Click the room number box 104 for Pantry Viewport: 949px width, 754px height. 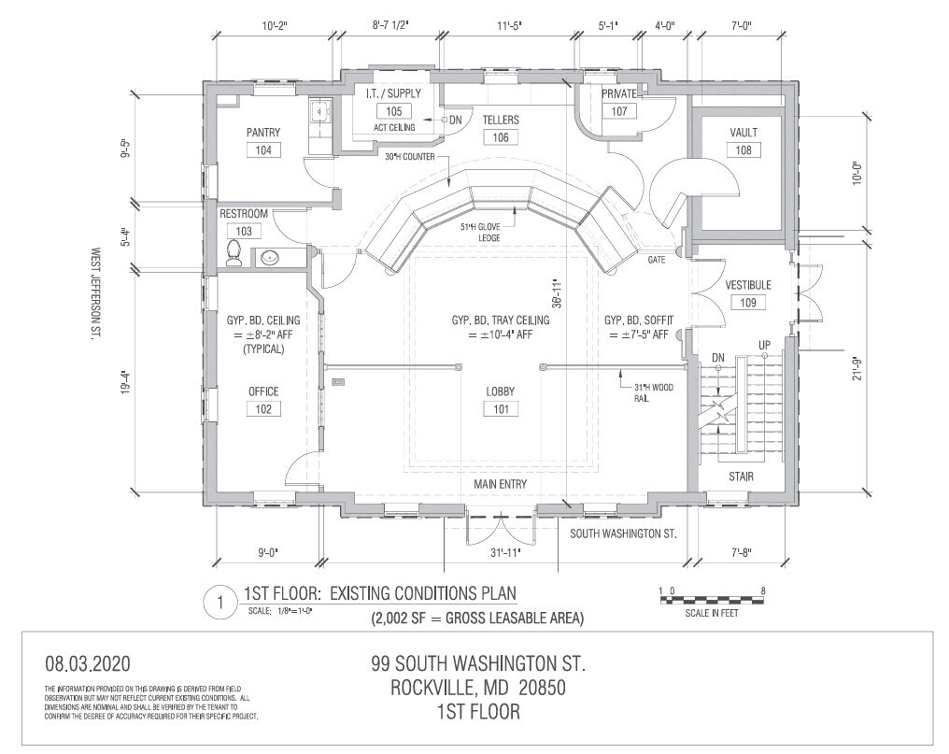pyautogui.click(x=263, y=150)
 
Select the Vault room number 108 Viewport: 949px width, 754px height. pyautogui.click(x=744, y=149)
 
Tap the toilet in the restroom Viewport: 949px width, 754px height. pyautogui.click(x=234, y=253)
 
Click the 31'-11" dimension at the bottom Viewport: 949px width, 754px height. pyautogui.click(x=504, y=553)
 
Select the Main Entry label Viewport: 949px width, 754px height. pyautogui.click(x=500, y=484)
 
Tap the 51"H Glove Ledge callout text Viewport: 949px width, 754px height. pyautogui.click(x=481, y=232)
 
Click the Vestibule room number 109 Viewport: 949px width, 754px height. pyautogui.click(x=748, y=302)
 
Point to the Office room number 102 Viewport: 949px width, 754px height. pyautogui.click(x=263, y=408)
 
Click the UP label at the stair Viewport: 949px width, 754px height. pyautogui.click(x=764, y=346)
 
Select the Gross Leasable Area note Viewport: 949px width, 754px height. pyautogui.click(x=478, y=618)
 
